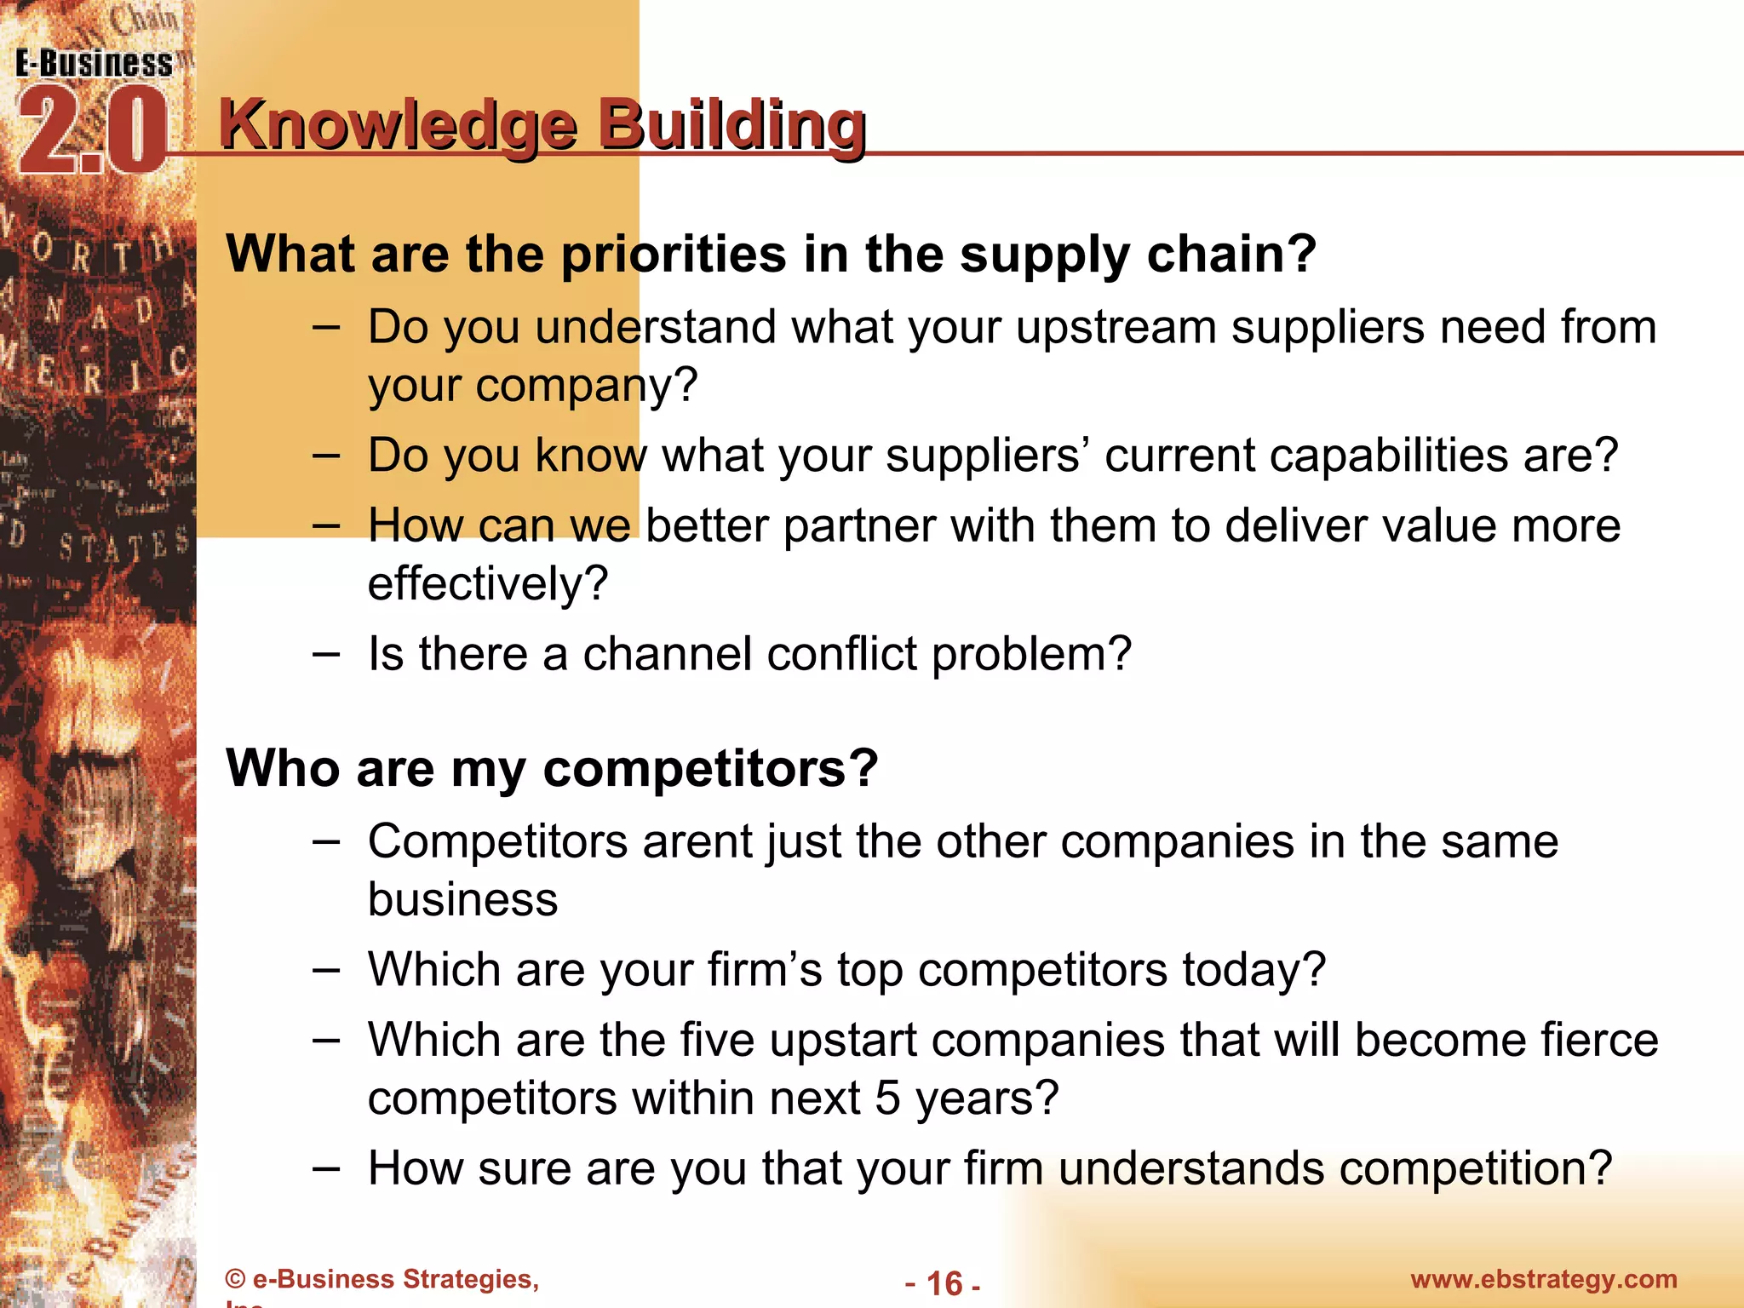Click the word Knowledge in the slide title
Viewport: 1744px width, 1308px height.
pos(399,126)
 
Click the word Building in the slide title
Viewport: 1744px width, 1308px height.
pos(731,126)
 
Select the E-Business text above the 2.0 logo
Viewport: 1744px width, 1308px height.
pos(94,64)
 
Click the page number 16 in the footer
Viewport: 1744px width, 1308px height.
pos(944,1283)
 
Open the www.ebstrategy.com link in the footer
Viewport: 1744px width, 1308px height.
pos(1543,1279)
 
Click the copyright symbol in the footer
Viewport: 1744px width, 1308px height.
pos(235,1280)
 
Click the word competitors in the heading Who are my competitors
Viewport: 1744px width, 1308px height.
pos(708,769)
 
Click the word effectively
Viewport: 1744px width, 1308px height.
pos(487,584)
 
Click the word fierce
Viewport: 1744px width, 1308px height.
pos(1598,1040)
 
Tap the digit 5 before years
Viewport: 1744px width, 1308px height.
pos(887,1099)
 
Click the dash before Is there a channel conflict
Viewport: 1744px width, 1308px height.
pos(325,654)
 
